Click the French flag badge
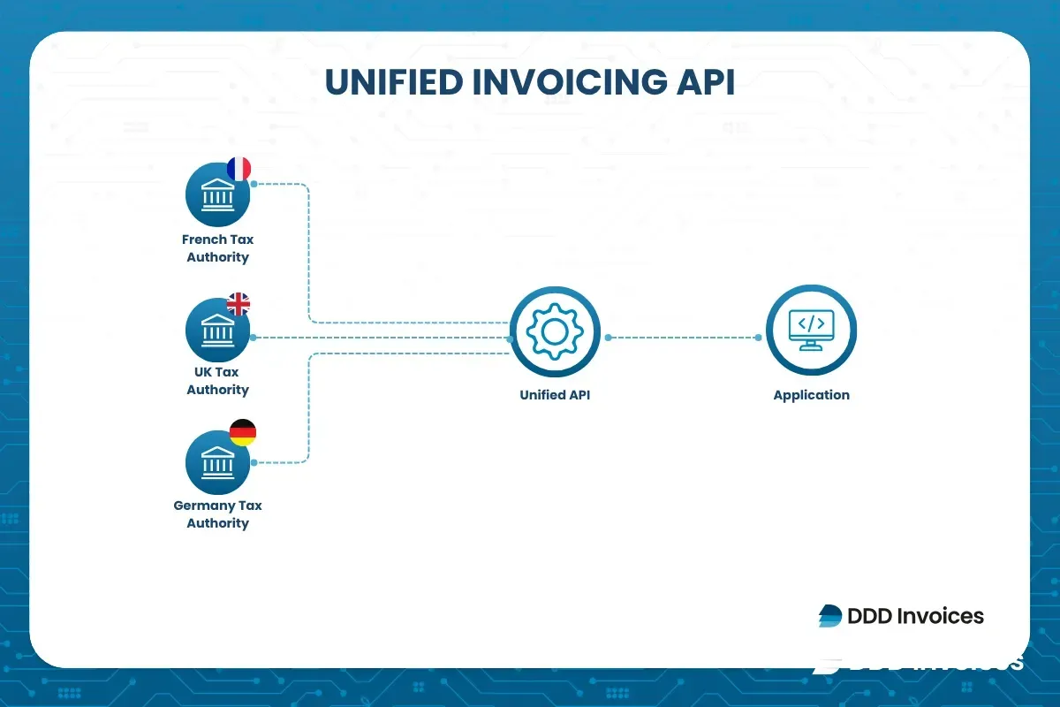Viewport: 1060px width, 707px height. (x=238, y=169)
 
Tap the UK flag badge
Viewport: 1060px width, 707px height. (x=238, y=304)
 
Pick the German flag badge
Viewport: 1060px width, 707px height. (x=242, y=432)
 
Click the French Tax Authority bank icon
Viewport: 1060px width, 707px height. (x=217, y=194)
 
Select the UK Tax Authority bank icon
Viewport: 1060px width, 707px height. (x=217, y=329)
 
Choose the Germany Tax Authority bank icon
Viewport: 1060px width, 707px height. (x=217, y=462)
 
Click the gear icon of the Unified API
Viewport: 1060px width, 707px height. (x=555, y=331)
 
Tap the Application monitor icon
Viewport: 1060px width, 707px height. (x=811, y=331)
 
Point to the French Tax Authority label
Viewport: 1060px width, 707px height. (x=217, y=248)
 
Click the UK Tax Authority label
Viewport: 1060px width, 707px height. (x=217, y=381)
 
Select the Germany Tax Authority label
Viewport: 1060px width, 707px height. (x=217, y=514)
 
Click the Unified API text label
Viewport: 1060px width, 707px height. (x=555, y=395)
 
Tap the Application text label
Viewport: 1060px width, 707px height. (x=811, y=395)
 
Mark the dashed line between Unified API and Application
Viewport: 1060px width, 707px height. (x=682, y=338)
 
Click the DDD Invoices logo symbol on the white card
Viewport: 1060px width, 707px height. (x=829, y=616)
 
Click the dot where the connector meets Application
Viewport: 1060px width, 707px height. (x=759, y=338)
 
